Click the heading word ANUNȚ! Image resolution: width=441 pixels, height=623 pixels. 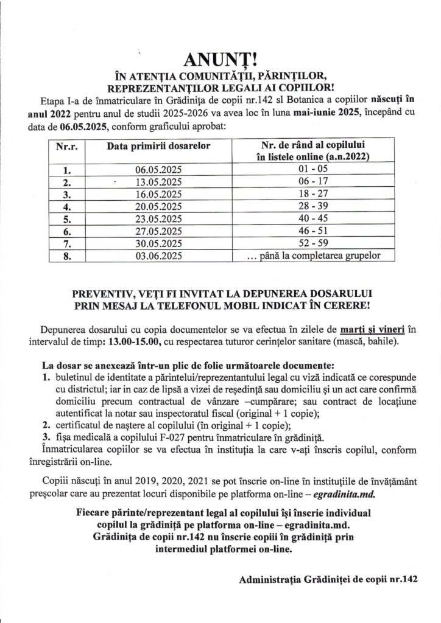220,60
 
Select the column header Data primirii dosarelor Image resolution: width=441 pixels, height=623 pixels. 158,147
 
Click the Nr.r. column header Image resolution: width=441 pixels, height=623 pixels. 70,147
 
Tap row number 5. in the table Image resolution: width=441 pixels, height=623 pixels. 69,219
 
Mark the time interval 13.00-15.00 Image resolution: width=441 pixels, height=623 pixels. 131,342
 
